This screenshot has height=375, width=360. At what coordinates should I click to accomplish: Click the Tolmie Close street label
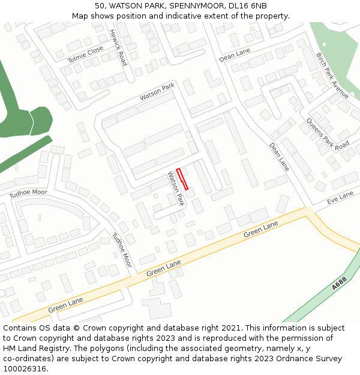point(85,55)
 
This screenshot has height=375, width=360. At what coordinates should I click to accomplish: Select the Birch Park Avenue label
point(332,76)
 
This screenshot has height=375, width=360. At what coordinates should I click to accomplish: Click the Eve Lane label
point(340,198)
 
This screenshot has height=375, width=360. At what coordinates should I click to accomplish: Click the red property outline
point(182,179)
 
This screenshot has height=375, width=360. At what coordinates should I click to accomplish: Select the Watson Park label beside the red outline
point(175,188)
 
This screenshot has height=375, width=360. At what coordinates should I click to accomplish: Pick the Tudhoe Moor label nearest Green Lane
point(122,249)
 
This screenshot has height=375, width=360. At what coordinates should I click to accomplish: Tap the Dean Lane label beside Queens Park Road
point(279,157)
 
